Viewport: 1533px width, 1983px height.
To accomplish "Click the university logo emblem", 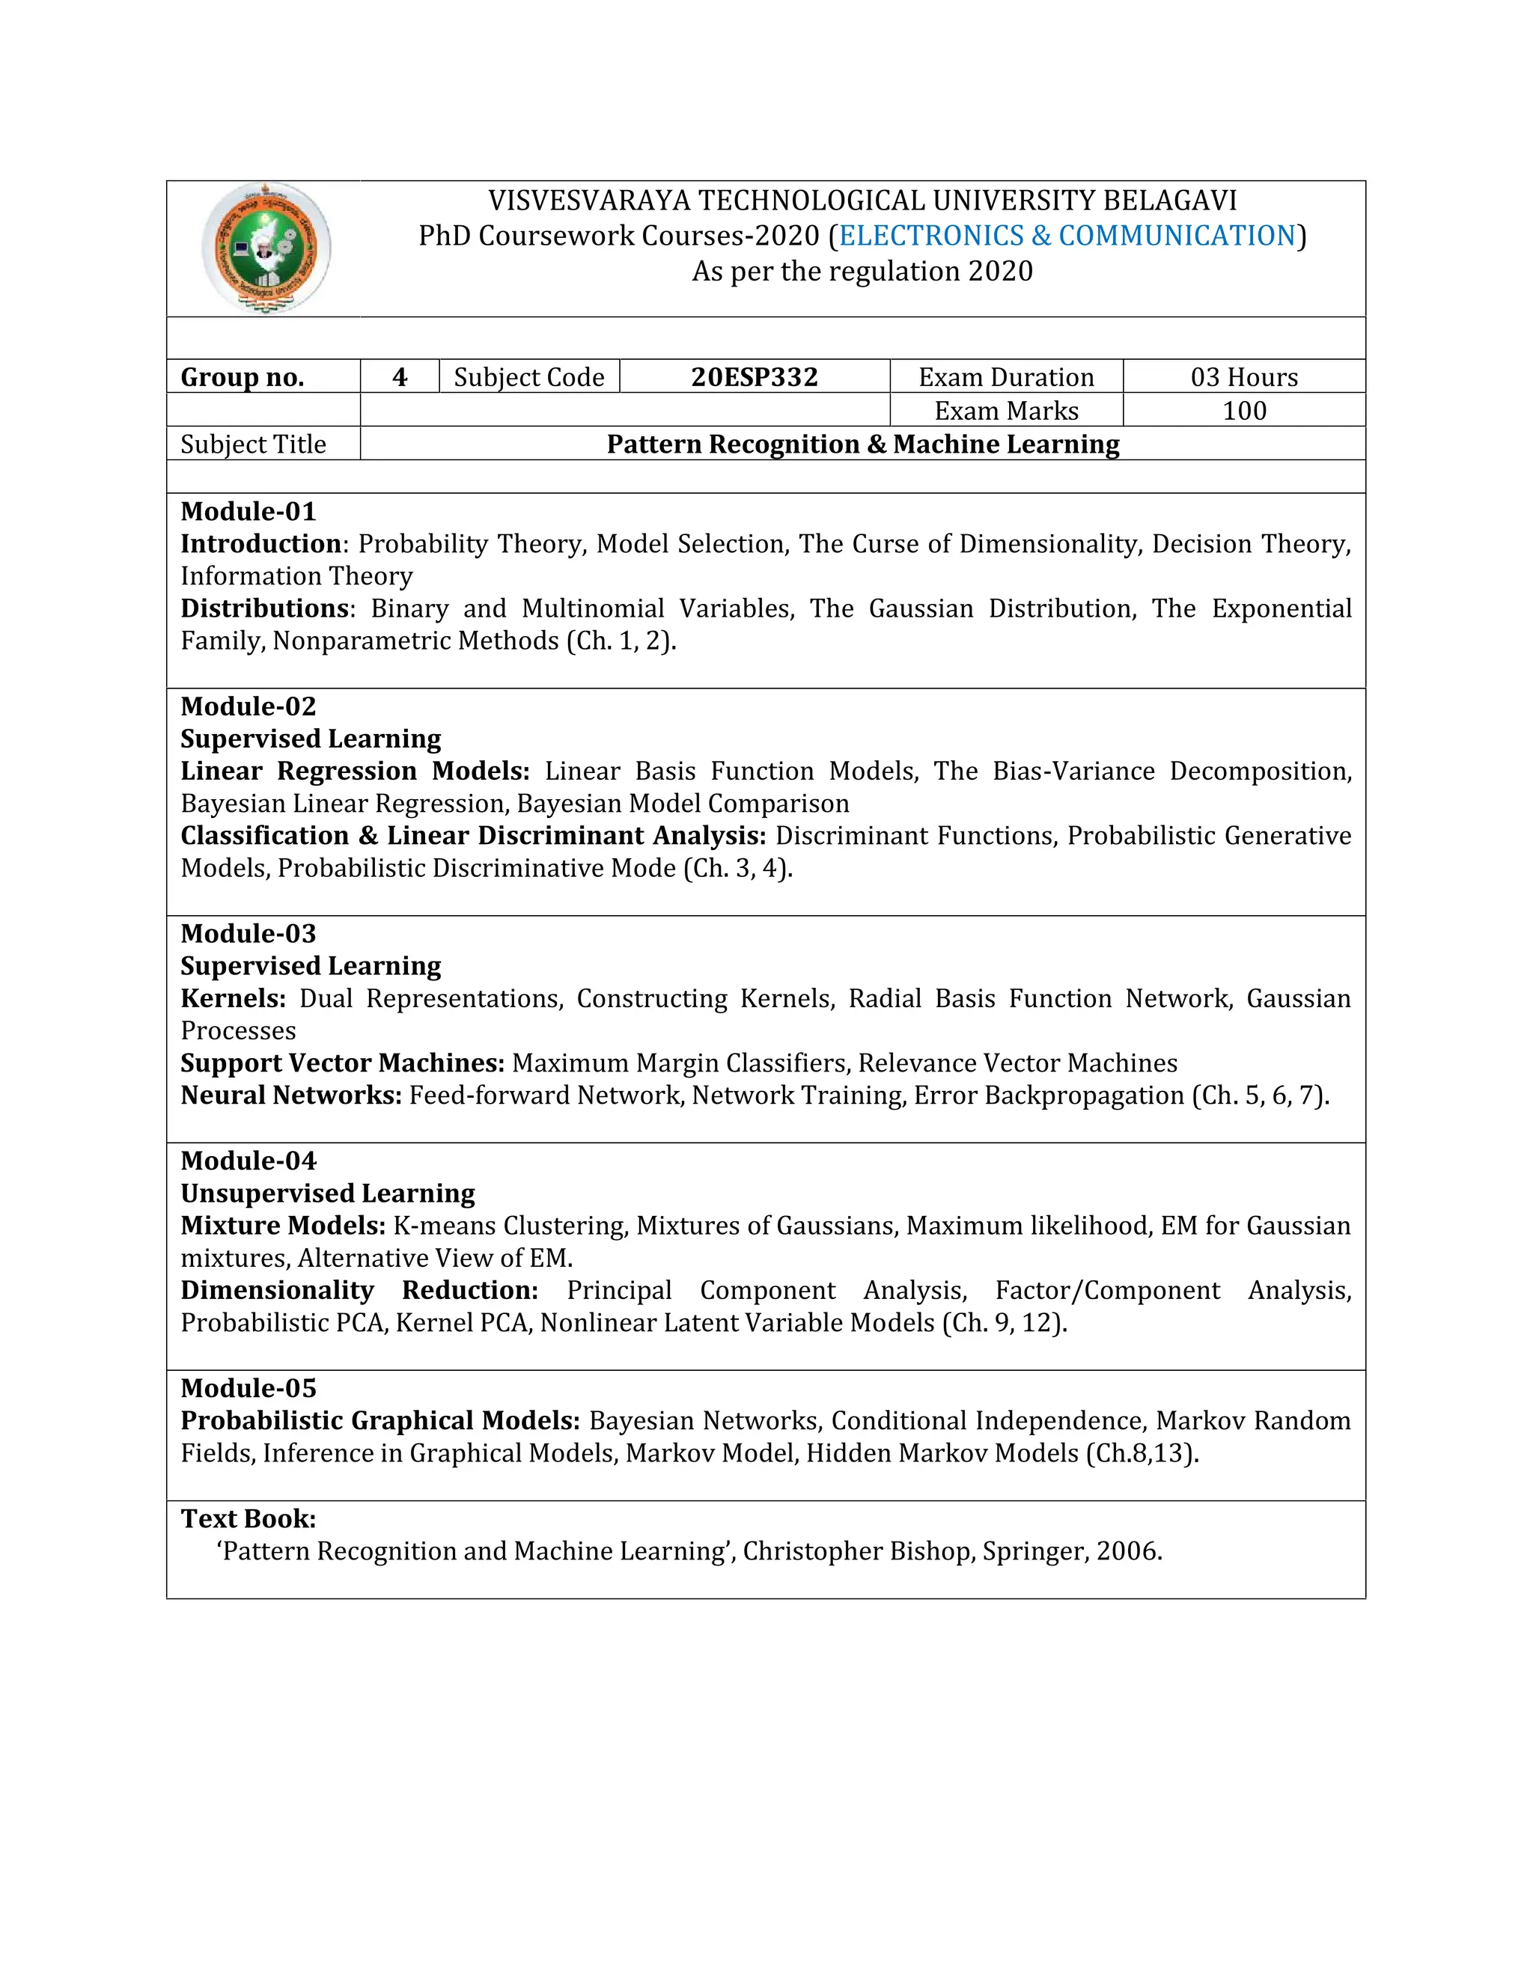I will [265, 248].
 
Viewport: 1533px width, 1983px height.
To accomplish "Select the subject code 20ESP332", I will [754, 377].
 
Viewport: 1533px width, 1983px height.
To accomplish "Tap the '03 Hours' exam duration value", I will [1243, 377].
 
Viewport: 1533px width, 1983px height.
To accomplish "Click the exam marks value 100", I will [1243, 410].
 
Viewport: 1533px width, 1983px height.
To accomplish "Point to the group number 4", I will [400, 377].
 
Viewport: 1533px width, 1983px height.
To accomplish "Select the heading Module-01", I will [248, 511].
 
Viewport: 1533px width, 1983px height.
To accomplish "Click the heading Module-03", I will [248, 933].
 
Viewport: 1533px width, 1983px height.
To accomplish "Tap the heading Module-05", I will [248, 1388].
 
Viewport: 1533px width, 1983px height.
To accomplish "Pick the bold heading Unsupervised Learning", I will [327, 1193].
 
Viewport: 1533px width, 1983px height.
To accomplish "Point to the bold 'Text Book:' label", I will [248, 1518].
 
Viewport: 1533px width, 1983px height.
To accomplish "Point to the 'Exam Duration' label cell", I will [1005, 377].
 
